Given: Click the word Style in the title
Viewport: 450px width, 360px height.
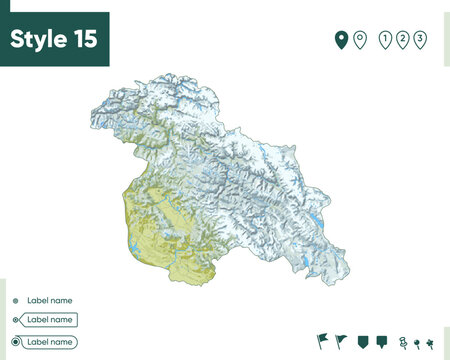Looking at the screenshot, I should (x=39, y=39).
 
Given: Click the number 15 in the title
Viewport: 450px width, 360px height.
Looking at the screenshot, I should (x=85, y=39).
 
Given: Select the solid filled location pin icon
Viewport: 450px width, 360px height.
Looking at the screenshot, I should (x=340, y=39).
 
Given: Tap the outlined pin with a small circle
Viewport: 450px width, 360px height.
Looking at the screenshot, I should (x=359, y=39).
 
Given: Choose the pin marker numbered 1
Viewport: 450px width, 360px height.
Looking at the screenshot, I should (x=385, y=39).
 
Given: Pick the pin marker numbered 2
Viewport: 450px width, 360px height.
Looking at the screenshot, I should (x=402, y=39).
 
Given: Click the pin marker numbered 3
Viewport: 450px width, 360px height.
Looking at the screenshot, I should (x=420, y=39).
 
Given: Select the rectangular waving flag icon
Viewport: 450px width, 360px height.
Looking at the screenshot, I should (x=322, y=340).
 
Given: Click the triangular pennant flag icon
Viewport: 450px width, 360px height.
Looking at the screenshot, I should (x=342, y=340).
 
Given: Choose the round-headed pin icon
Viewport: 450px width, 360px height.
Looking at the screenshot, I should (x=416, y=341).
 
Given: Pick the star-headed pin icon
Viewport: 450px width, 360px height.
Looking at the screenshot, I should (x=430, y=341).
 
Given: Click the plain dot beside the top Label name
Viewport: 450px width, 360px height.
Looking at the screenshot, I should (x=15, y=300).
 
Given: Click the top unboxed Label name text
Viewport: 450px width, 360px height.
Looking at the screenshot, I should (x=49, y=300).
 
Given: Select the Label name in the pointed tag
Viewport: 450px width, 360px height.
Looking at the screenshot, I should (x=50, y=320).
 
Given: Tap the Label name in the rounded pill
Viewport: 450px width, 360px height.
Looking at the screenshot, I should (x=50, y=342).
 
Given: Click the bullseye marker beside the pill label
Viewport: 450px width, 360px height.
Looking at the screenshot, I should (x=15, y=342).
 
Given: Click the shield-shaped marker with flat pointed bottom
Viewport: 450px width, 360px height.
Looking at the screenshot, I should (x=363, y=341).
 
